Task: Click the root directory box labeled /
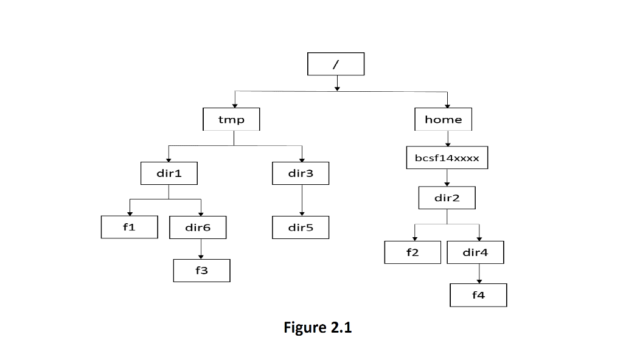click(x=336, y=64)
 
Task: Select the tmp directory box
click(x=231, y=119)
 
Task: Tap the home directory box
click(x=443, y=119)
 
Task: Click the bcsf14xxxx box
click(x=447, y=158)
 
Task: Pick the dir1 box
click(x=169, y=173)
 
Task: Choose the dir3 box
click(x=301, y=173)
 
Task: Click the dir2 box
click(x=447, y=198)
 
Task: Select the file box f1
click(x=129, y=227)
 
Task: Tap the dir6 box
click(x=198, y=227)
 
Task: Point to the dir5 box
click(x=301, y=227)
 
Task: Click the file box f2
click(x=412, y=252)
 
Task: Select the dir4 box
click(x=475, y=252)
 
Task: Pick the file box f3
click(x=201, y=271)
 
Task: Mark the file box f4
click(x=478, y=296)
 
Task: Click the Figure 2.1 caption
click(x=318, y=328)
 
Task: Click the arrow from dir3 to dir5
click(x=302, y=200)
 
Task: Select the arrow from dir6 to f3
click(x=201, y=249)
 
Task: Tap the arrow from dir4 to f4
click(x=479, y=274)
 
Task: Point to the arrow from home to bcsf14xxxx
click(x=447, y=139)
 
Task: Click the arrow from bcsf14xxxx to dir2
click(x=447, y=178)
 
